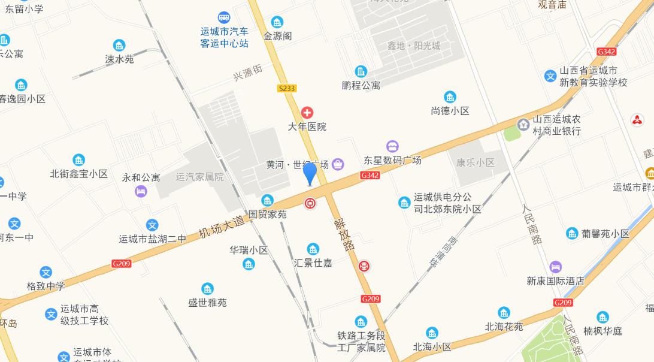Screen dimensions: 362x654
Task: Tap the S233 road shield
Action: (x=287, y=88)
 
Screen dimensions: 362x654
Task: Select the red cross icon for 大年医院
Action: (x=307, y=113)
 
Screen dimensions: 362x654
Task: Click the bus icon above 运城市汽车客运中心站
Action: (x=223, y=17)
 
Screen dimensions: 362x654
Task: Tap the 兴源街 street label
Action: (x=248, y=74)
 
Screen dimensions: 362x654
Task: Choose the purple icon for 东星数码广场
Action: (x=392, y=146)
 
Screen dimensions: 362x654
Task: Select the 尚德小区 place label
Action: (x=450, y=111)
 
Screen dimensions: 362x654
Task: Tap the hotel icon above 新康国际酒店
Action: (x=556, y=266)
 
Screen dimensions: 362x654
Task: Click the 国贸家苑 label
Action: (x=268, y=214)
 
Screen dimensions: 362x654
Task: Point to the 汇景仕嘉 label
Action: (x=313, y=263)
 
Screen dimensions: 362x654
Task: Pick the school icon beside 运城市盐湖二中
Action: (x=153, y=225)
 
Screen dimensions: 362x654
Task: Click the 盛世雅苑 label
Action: (x=207, y=303)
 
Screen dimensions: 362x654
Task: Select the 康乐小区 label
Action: (x=476, y=162)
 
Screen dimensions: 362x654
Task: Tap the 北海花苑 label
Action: (x=504, y=327)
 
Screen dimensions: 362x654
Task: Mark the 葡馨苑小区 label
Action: (x=605, y=234)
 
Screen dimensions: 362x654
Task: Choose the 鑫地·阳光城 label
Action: (x=413, y=46)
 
